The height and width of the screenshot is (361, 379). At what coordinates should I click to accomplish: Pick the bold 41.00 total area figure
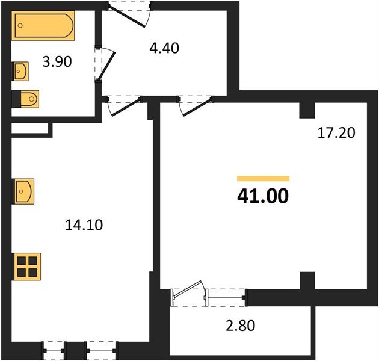pos(263,196)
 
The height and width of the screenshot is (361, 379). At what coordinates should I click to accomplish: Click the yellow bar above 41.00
pos(263,178)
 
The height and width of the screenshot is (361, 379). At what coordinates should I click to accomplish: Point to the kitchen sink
pos(24,193)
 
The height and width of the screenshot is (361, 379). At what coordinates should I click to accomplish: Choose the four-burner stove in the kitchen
pos(28,265)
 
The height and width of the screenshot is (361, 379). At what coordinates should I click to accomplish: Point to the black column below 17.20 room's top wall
pos(307,110)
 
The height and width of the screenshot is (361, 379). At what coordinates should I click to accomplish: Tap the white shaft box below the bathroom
pos(29,129)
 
